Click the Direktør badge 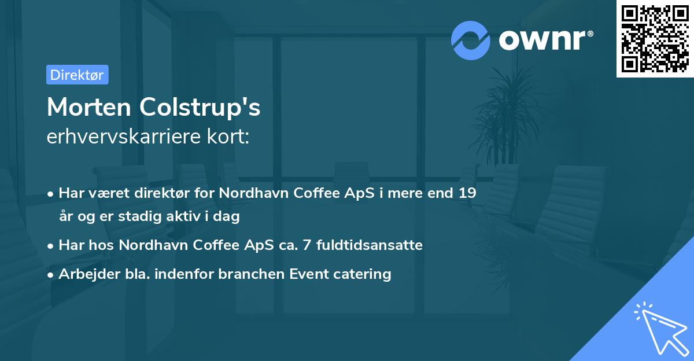pyautogui.click(x=77, y=75)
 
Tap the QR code pyautogui.click(x=655, y=38)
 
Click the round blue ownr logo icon pyautogui.click(x=471, y=40)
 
